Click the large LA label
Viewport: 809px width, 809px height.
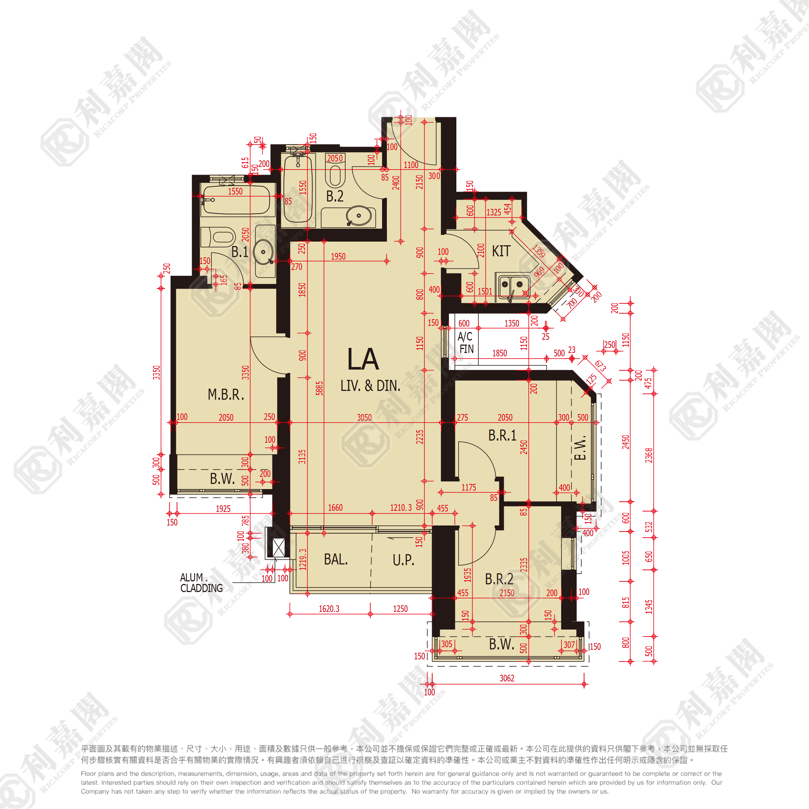click(363, 359)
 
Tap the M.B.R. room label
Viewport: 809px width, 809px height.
click(226, 395)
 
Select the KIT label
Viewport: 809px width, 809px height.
click(501, 251)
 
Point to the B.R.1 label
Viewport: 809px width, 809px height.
click(502, 435)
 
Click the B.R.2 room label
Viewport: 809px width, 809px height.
click(499, 579)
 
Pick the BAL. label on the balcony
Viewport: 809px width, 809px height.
click(336, 559)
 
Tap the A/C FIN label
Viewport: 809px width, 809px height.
click(466, 342)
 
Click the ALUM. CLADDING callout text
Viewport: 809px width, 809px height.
click(201, 583)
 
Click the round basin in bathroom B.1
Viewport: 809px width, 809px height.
click(263, 252)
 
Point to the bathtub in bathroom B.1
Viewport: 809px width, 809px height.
click(236, 200)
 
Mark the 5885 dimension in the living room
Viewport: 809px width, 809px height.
click(320, 388)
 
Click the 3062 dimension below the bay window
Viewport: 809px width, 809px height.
click(507, 678)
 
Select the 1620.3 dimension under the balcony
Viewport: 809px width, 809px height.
click(329, 609)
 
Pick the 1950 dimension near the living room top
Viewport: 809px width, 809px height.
click(338, 256)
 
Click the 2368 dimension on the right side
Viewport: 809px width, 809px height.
click(649, 455)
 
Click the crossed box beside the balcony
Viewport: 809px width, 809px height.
click(278, 548)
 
